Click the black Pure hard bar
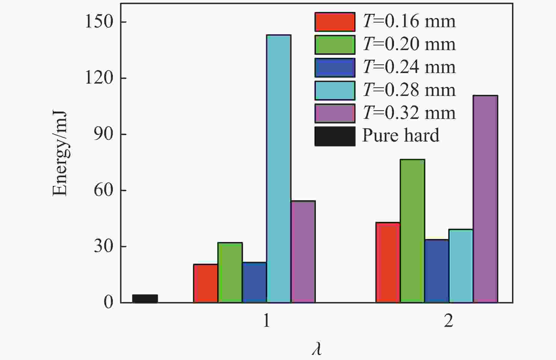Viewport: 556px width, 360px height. (x=145, y=298)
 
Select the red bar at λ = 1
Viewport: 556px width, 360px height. (x=205, y=283)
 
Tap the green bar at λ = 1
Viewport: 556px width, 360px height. (x=230, y=272)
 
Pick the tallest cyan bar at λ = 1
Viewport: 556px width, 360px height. (x=279, y=169)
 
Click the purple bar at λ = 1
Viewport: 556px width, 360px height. (x=303, y=252)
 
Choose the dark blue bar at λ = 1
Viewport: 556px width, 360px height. (x=254, y=282)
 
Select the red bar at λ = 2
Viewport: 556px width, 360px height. (x=388, y=263)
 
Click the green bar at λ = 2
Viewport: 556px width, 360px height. (x=412, y=231)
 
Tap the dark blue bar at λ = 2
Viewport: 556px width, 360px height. (x=437, y=271)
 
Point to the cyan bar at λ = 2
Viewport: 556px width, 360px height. (x=461, y=266)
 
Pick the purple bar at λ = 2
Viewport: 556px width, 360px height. (x=485, y=199)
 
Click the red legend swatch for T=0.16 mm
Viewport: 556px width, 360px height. (x=335, y=22)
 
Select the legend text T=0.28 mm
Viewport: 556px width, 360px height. (x=409, y=90)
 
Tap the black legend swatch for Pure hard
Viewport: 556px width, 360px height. (x=335, y=136)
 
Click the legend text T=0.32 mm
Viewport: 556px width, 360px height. (x=409, y=113)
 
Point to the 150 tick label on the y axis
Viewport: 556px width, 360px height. (x=99, y=22)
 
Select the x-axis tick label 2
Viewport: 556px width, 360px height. (x=449, y=321)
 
